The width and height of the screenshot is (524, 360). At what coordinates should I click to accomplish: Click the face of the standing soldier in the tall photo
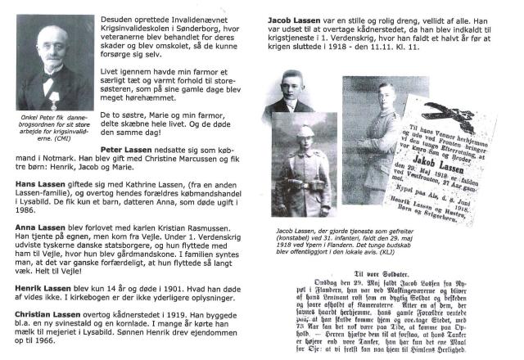(367, 111)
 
